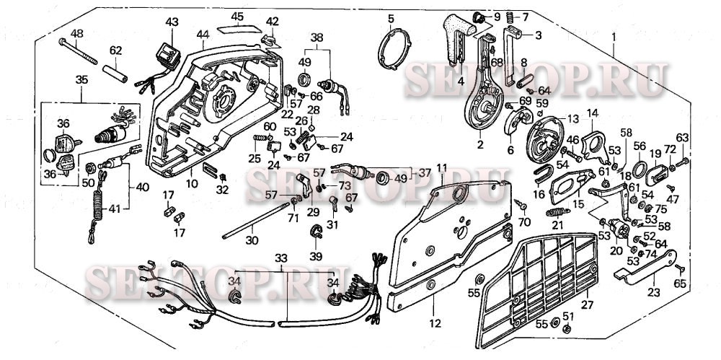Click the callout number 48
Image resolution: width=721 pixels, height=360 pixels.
pos(76,33)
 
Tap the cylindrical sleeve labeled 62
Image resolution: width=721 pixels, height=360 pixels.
pos(118,72)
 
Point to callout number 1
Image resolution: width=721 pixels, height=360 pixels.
pos(614,36)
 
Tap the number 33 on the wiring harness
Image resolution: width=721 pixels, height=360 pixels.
pos(281,257)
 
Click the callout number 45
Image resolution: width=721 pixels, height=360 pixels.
pos(237,16)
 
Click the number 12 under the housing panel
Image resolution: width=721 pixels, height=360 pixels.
pos(434,324)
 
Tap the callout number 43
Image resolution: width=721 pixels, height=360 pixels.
pos(172,22)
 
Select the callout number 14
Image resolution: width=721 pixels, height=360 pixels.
pos(593,113)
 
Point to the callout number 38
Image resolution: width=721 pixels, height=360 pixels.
pos(317,37)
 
